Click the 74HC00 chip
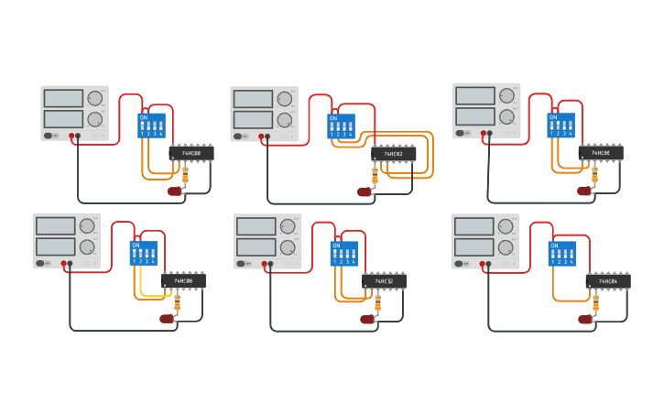pos(191,154)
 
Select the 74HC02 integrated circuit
pos(394,154)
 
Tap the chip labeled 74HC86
pos(601,153)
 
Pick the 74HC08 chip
pos(183,281)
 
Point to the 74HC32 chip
pos(384,281)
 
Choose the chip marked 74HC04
pos(608,281)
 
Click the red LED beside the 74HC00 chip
pos(174,191)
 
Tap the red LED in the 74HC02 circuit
pos(364,192)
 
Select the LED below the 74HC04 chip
pos(584,320)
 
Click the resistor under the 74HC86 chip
pos(594,173)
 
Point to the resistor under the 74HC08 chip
pos(178,301)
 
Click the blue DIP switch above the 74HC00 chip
pos(151,126)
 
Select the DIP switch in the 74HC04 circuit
pos(561,254)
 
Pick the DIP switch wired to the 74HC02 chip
pos(341,126)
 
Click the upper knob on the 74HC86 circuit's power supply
pos(506,96)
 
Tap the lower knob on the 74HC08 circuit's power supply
pos(87,246)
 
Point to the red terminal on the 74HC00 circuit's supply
pos(71,137)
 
